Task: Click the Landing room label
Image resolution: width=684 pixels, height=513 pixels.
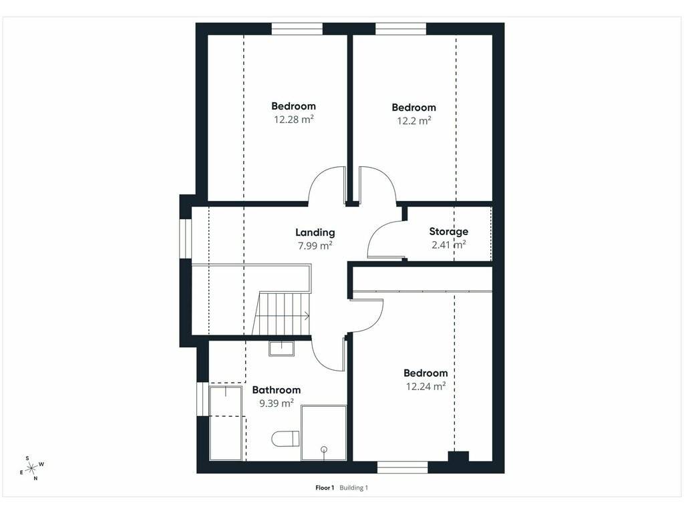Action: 315,233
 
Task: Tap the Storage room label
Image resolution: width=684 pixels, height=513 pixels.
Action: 448,232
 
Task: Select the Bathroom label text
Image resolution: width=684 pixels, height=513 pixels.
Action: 277,390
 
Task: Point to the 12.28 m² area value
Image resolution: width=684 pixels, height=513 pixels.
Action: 294,119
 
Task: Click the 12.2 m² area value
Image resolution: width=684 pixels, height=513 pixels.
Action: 414,120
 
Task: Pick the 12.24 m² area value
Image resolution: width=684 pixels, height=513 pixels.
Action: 425,386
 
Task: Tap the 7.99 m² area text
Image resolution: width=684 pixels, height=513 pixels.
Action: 315,246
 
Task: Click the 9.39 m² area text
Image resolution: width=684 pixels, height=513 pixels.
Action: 277,403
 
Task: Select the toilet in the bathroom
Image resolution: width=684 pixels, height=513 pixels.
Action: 286,439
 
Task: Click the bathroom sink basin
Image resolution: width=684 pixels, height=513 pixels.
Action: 281,349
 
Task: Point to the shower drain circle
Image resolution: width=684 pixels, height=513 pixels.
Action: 324,450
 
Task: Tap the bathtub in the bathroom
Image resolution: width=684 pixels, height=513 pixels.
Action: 226,423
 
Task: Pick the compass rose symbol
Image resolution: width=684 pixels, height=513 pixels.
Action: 31,468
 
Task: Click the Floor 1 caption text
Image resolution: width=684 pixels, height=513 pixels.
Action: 325,488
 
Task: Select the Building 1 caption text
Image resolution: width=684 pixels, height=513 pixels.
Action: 354,488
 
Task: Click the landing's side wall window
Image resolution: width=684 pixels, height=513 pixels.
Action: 186,239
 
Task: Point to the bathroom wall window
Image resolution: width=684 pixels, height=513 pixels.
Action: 203,399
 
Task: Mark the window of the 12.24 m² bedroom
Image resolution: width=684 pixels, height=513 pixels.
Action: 403,467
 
